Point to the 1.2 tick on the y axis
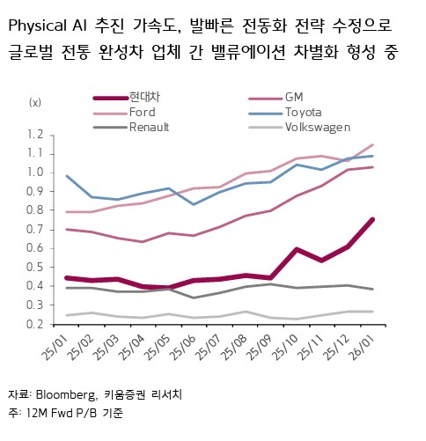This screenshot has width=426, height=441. pyautogui.click(x=34, y=134)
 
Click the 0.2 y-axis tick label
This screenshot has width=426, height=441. pyautogui.click(x=34, y=324)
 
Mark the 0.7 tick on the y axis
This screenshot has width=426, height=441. pyautogui.click(x=34, y=229)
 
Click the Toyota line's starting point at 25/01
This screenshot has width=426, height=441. pyautogui.click(x=67, y=176)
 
